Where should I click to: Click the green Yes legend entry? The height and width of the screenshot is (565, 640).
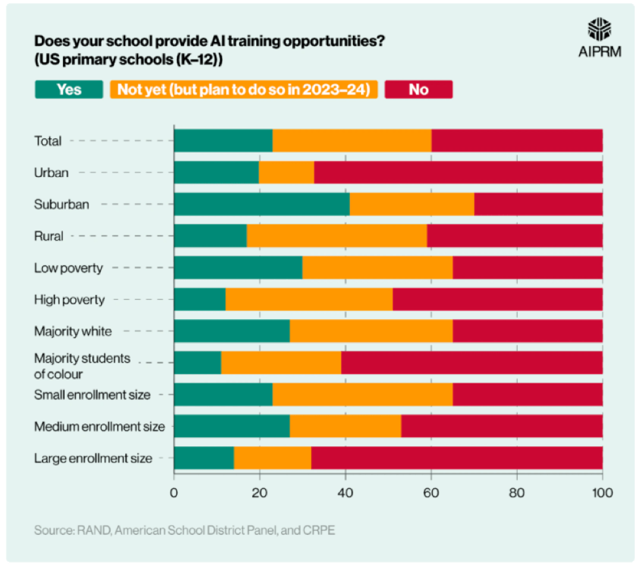point(69,89)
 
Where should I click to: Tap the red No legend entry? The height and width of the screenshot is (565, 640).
point(418,89)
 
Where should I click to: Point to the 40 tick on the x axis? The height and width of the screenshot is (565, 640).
point(345,492)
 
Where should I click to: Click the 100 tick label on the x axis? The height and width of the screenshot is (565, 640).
point(602,492)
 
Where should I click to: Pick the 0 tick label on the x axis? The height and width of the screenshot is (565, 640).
point(174,492)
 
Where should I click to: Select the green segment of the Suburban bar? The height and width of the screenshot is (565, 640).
point(261,204)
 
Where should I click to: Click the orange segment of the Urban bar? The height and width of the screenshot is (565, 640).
point(286,172)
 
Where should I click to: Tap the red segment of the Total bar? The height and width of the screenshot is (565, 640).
point(517,141)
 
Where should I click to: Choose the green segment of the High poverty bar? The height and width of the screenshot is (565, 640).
point(199,300)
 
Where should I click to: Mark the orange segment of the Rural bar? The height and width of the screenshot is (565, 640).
point(337,236)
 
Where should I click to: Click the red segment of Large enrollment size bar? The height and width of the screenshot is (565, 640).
point(457,458)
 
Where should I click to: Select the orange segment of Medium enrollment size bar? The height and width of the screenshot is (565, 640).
point(345,427)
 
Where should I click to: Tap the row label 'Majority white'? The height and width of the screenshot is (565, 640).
point(73,331)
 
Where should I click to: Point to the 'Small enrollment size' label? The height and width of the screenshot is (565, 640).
point(92,395)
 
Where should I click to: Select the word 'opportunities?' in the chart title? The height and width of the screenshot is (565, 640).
point(335,41)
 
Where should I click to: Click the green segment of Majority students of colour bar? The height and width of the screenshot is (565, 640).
point(197,362)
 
